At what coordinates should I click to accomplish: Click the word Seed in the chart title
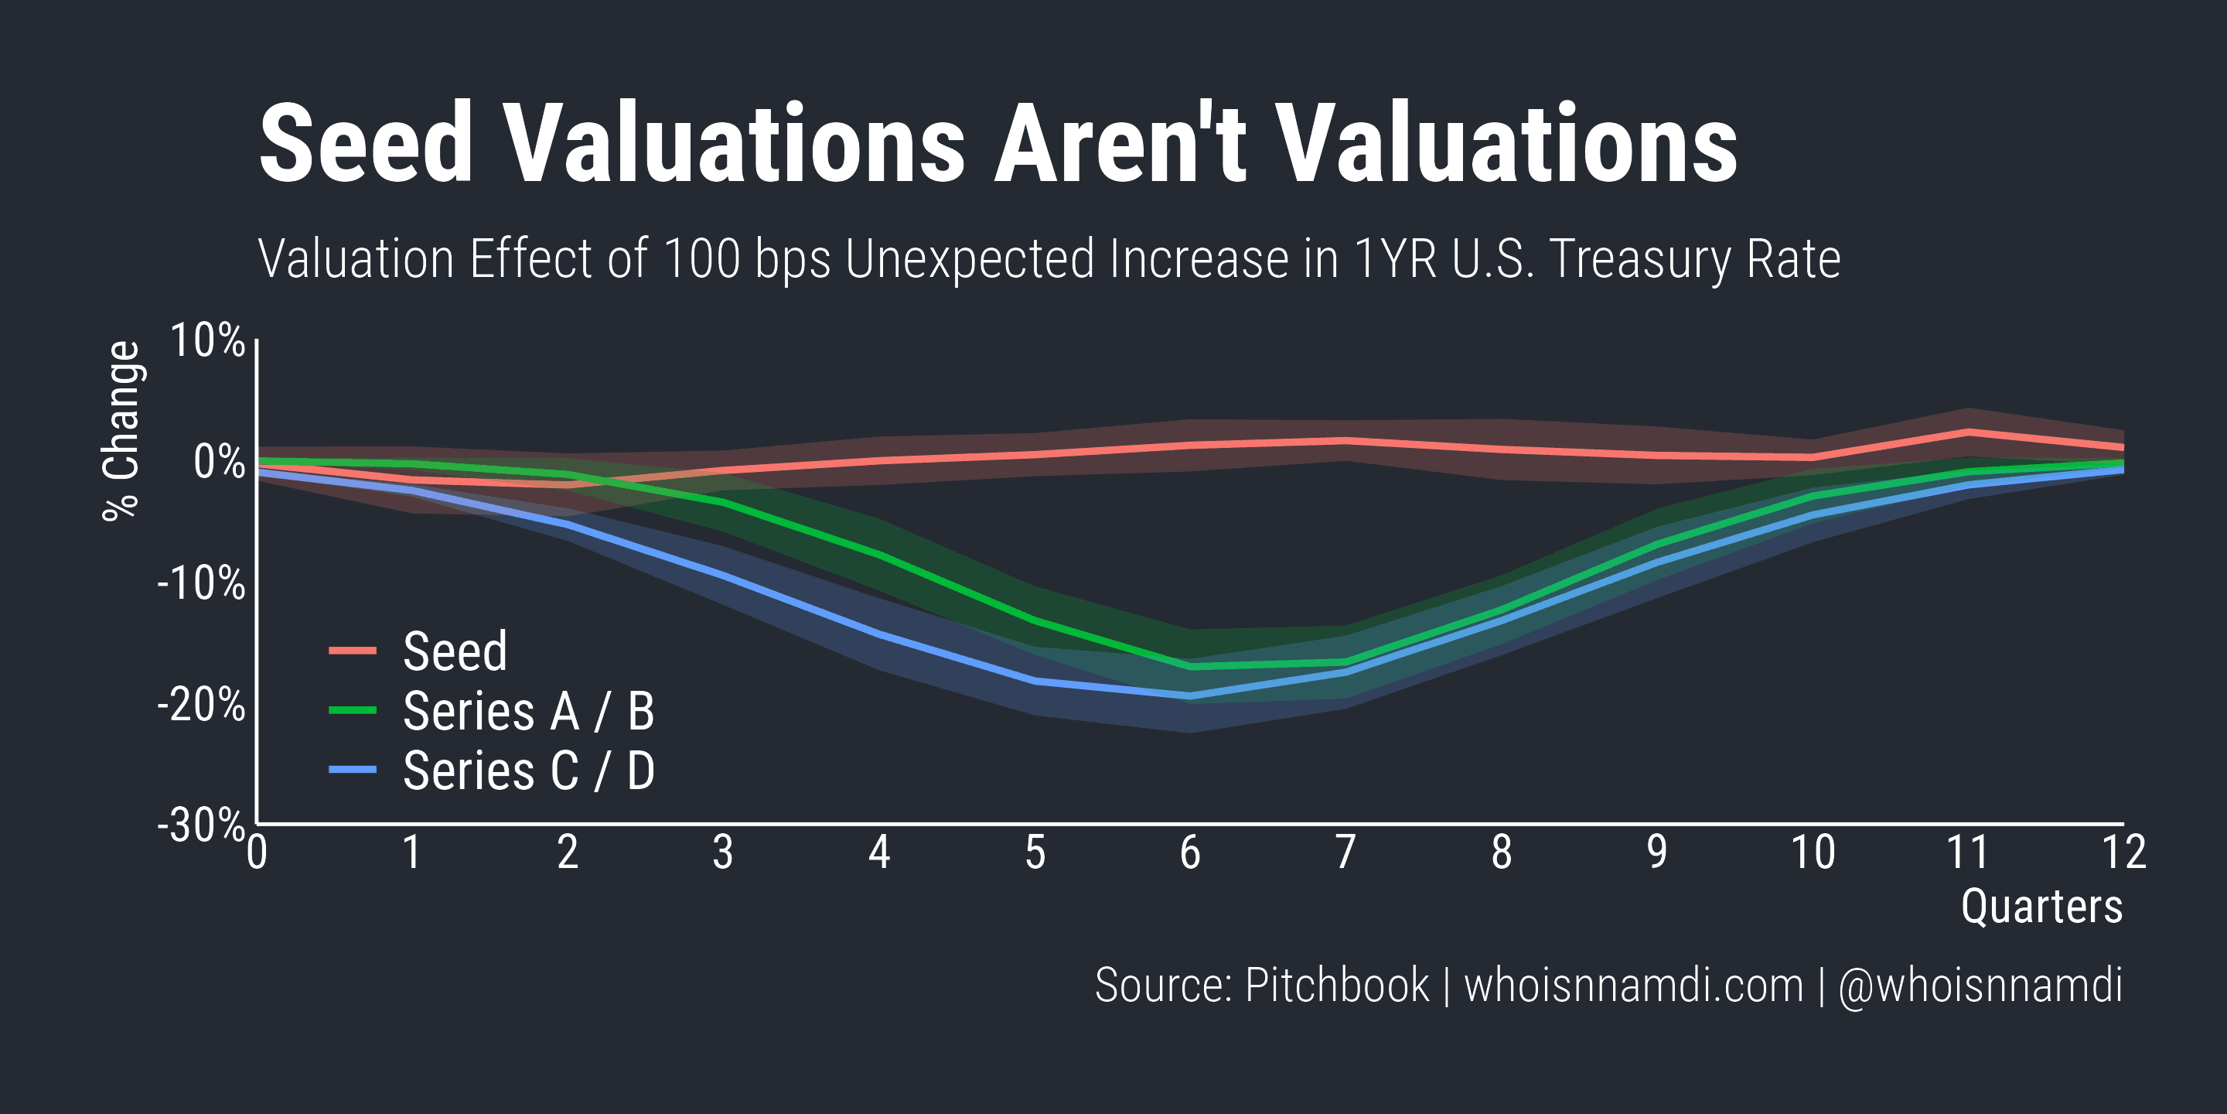[367, 144]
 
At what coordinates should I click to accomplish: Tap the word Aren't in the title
[1120, 144]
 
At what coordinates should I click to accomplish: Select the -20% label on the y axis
[200, 705]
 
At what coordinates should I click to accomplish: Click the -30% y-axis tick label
[200, 825]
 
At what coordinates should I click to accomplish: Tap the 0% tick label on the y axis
[219, 462]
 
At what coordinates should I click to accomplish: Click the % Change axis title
[121, 431]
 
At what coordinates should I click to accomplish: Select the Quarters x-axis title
[2041, 907]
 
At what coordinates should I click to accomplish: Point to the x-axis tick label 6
[1191, 853]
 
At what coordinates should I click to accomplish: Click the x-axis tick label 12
[2123, 853]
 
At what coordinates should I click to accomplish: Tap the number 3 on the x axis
[723, 853]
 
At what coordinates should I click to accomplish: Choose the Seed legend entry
[455, 651]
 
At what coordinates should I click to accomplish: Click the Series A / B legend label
[528, 712]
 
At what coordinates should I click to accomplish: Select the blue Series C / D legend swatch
[353, 770]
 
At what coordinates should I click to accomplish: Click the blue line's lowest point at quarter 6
[1191, 695]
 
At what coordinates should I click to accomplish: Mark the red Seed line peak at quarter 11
[1969, 432]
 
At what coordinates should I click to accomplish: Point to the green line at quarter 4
[879, 555]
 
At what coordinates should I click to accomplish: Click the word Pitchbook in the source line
[1336, 985]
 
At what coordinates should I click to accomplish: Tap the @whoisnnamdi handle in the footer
[1980, 985]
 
